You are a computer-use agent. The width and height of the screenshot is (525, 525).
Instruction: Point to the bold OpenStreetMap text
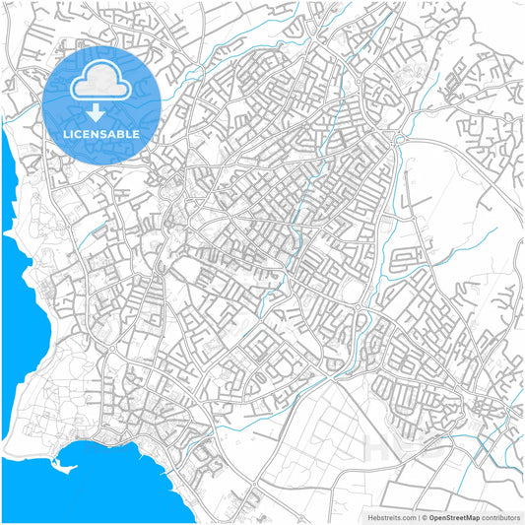click(453, 516)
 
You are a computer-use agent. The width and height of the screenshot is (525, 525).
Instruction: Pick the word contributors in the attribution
click(500, 516)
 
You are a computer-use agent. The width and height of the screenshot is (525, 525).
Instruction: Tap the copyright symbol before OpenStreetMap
click(424, 516)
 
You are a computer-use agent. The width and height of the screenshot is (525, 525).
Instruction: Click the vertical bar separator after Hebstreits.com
click(417, 516)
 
